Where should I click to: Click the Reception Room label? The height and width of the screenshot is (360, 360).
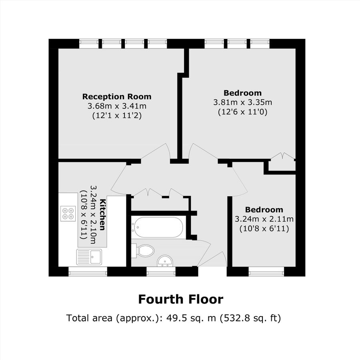[117, 96]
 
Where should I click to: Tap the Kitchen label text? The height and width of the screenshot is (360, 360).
[103, 214]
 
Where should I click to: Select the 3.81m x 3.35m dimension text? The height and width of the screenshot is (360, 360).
[242, 102]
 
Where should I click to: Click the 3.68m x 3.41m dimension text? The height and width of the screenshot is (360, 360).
[117, 106]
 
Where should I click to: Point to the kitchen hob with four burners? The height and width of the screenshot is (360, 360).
[68, 213]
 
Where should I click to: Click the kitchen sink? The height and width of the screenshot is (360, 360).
[90, 256]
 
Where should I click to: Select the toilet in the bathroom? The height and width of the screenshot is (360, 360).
[145, 251]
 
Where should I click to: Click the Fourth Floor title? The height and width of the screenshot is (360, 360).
[180, 299]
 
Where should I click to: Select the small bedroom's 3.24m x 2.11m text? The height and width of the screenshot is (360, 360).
[264, 219]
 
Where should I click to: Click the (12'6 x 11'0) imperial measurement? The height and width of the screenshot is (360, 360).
[242, 112]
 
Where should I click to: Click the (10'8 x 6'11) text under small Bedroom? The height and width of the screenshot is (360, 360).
[264, 229]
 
